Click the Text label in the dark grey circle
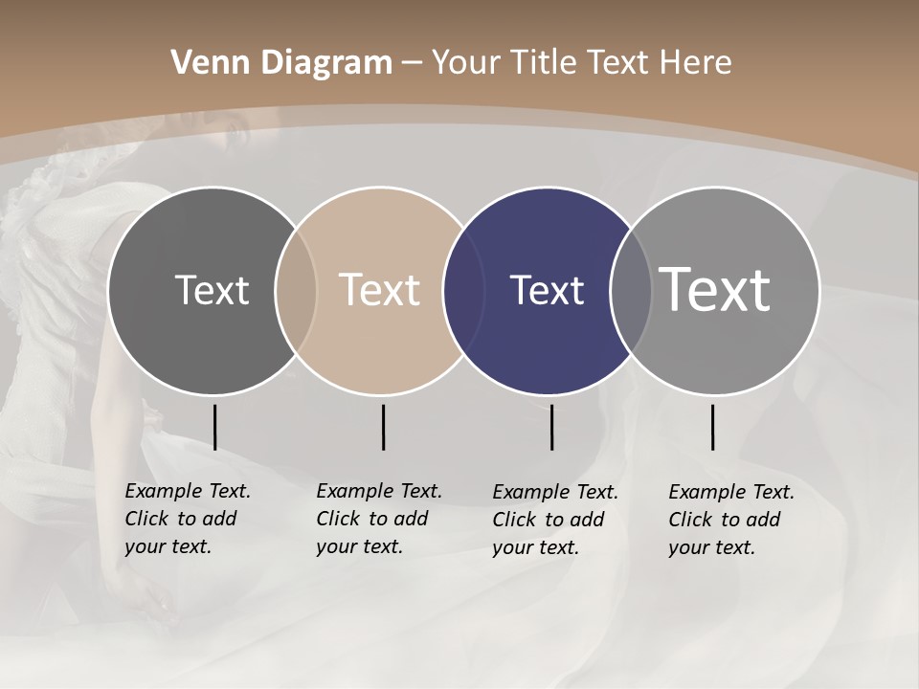click(x=212, y=290)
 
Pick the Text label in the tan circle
click(x=380, y=290)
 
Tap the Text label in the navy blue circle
click(x=547, y=290)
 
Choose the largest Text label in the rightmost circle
click(x=715, y=289)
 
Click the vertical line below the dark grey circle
click(x=214, y=427)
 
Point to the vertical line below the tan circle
click(x=383, y=427)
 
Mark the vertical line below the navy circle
click(x=551, y=427)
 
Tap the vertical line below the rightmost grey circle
click(x=712, y=427)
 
